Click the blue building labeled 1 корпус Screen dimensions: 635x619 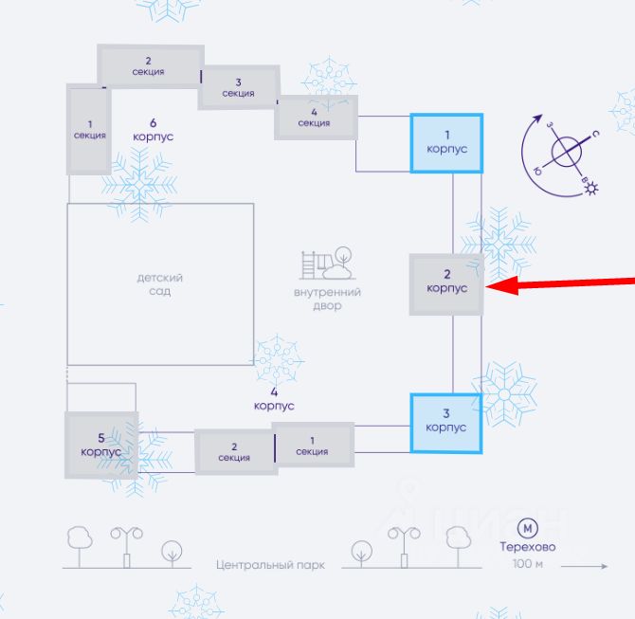(x=446, y=143)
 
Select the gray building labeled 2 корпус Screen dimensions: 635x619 (x=446, y=283)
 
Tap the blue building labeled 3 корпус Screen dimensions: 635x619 (x=445, y=423)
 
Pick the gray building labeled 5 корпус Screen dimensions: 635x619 (x=101, y=444)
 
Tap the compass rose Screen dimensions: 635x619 (x=568, y=153)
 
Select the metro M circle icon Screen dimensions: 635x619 (x=527, y=528)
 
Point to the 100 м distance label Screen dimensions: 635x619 (x=527, y=565)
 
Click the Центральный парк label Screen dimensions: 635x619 (x=270, y=565)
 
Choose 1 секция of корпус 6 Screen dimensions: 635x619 (x=89, y=130)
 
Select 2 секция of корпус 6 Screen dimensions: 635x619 (x=149, y=66)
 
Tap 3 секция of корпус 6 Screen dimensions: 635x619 (x=238, y=87)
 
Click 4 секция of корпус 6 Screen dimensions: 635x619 (x=314, y=118)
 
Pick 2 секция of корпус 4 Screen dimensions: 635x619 (x=234, y=452)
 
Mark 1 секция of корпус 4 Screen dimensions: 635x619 (x=312, y=446)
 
